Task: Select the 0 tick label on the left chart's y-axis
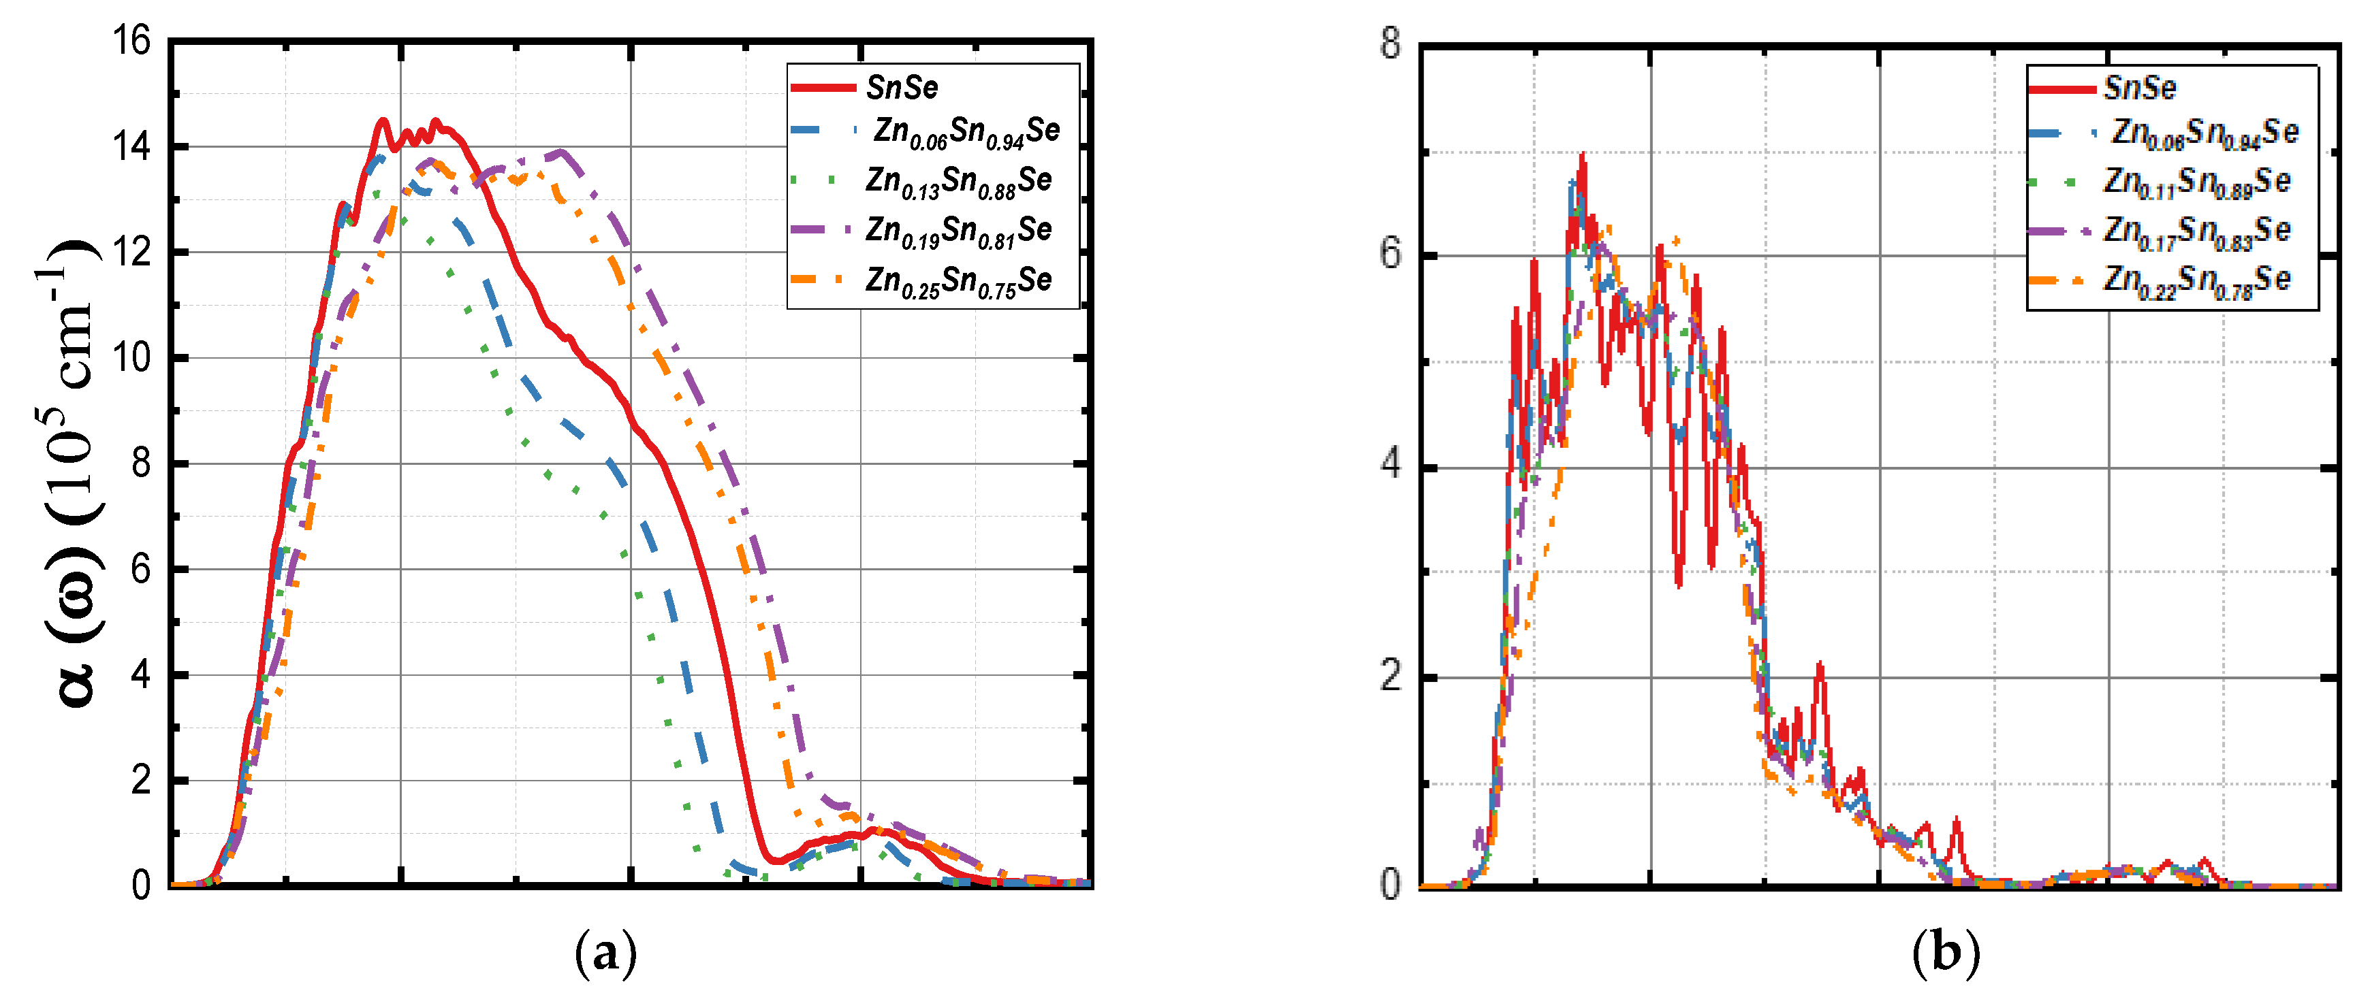141,885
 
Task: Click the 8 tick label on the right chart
1391,44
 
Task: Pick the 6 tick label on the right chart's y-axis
1391,253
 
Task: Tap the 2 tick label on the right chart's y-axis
1391,676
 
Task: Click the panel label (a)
605,953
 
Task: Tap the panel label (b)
1945,953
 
